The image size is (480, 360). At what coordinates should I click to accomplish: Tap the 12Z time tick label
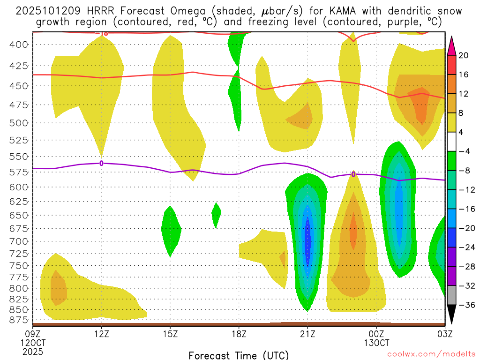(101, 334)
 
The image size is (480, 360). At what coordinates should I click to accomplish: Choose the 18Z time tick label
(239, 334)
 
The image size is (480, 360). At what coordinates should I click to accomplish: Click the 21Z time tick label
(307, 334)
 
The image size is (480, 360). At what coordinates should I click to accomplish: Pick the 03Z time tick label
(444, 334)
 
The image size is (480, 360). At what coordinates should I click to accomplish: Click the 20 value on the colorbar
(463, 55)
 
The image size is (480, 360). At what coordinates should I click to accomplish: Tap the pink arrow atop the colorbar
(451, 45)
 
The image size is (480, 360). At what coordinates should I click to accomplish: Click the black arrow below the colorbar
(451, 315)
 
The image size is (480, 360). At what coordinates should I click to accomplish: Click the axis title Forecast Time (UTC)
(239, 355)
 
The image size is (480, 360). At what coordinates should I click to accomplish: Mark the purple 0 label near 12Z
(101, 163)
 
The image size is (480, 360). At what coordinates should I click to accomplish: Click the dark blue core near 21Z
(308, 237)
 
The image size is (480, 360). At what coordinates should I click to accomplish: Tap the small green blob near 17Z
(216, 214)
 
